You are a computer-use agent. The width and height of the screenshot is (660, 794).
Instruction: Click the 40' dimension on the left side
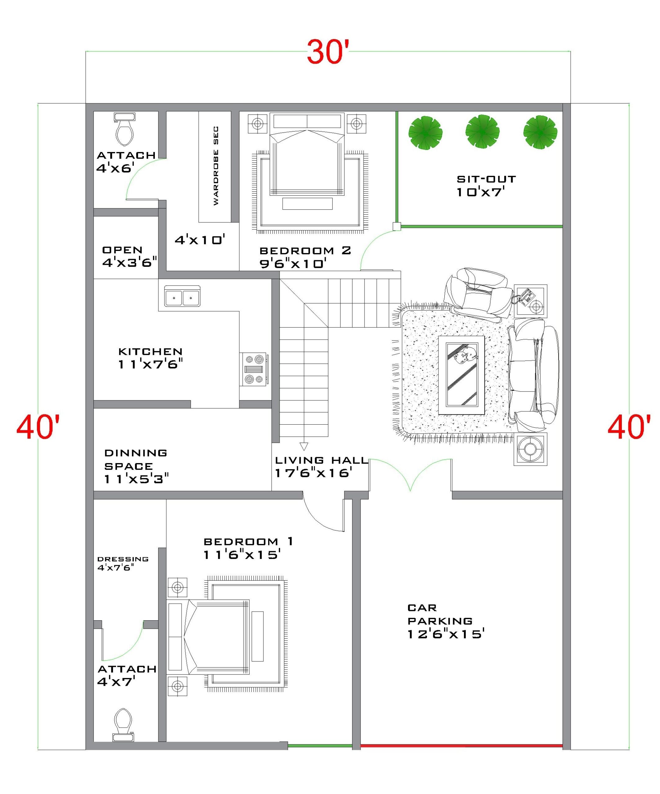point(38,427)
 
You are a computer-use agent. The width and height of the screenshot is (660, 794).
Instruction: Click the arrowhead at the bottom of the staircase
point(304,446)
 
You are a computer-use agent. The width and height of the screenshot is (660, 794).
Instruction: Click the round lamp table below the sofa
point(530,449)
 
